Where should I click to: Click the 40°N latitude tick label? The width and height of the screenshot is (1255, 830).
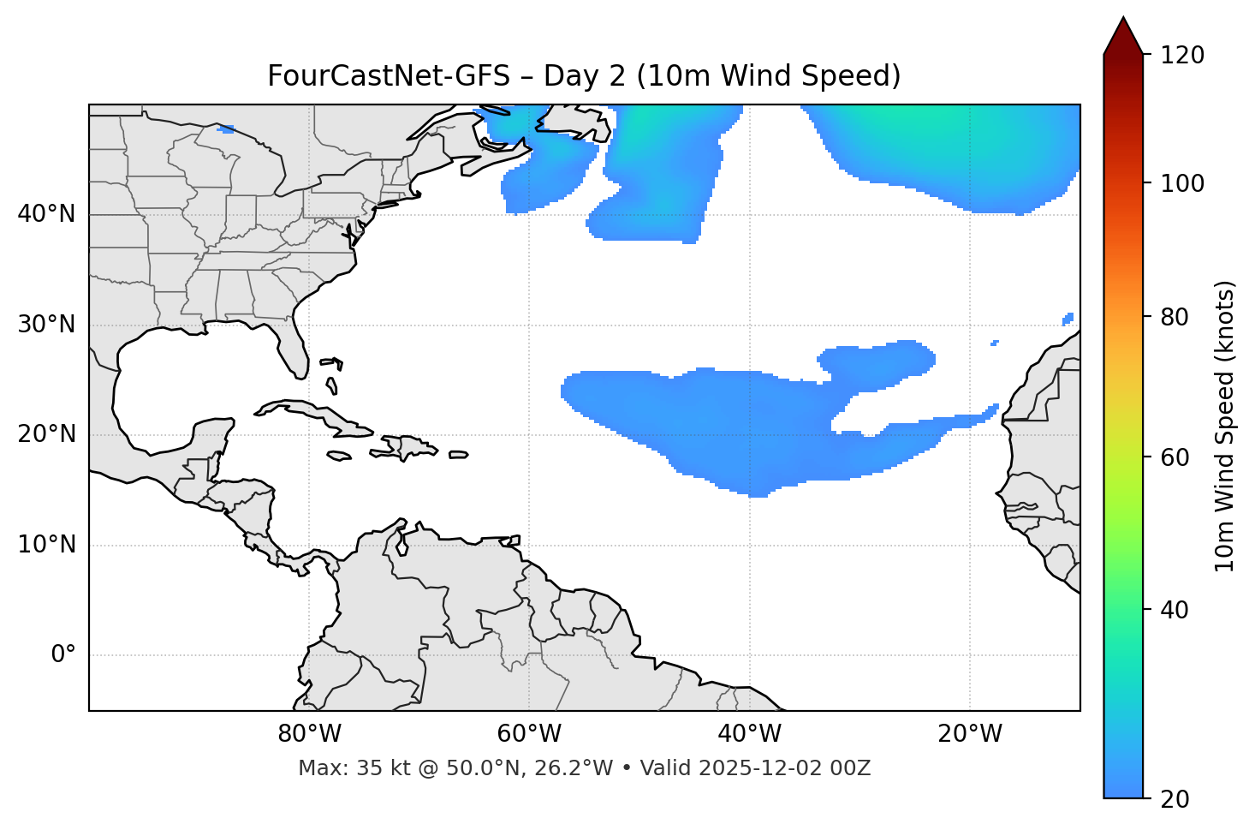tap(46, 214)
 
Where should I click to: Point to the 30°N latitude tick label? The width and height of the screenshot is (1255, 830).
tap(46, 325)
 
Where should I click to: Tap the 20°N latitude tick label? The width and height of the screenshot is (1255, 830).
tap(46, 434)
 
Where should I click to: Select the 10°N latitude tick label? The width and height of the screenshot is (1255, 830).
tap(46, 545)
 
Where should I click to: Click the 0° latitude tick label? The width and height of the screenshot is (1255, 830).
tap(63, 655)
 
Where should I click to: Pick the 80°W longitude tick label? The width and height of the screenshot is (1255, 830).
tap(309, 734)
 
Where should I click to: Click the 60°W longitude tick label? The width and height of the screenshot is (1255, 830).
tap(529, 734)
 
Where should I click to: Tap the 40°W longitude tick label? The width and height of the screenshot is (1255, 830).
tap(749, 734)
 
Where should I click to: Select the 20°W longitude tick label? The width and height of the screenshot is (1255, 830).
tap(969, 734)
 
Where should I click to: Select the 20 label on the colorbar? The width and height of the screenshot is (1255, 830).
tap(1175, 798)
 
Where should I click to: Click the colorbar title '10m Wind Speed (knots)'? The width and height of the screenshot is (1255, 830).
tap(1225, 426)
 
